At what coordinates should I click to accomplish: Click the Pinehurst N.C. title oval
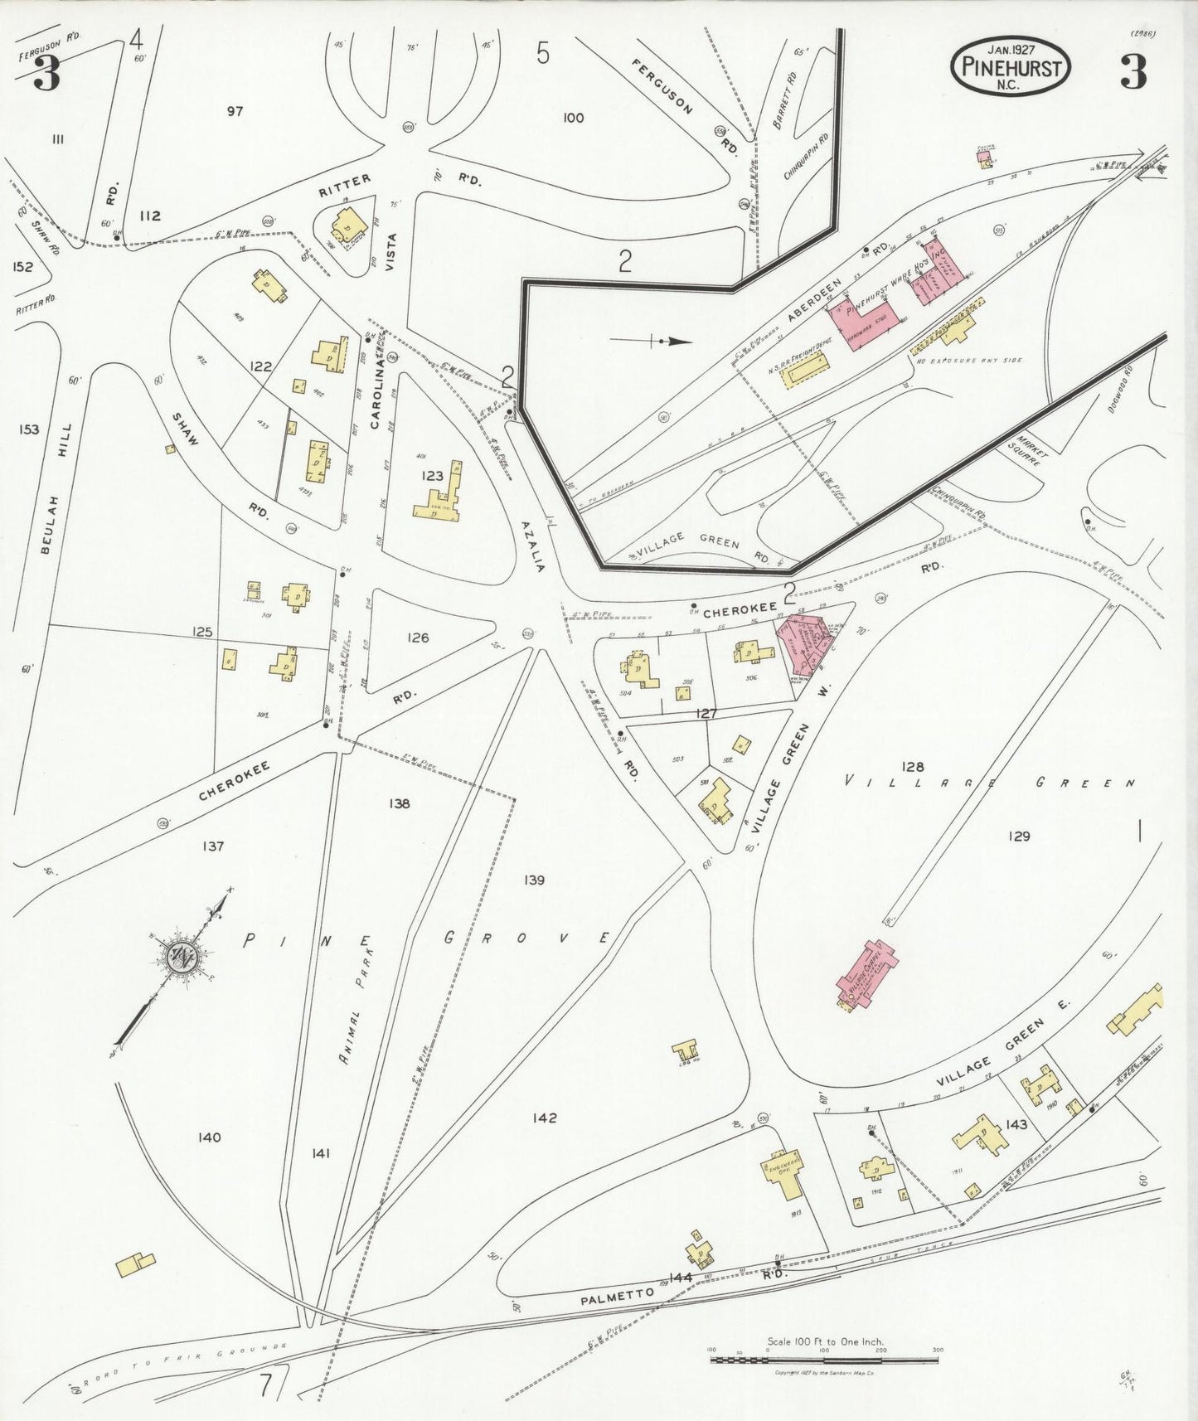pos(1010,66)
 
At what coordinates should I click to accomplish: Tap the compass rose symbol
pos(181,960)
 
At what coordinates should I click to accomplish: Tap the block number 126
pos(418,638)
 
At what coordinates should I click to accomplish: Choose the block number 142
pos(546,1118)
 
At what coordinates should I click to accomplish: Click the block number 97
pos(235,111)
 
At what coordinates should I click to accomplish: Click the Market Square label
pos(1032,450)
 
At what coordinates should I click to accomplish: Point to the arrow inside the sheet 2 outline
pos(671,341)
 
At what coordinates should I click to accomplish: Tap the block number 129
pos(1019,836)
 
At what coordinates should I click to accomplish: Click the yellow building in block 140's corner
pos(135,1264)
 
